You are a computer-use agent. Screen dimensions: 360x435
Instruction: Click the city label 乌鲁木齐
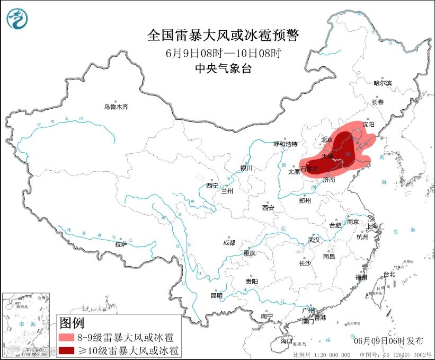[x=116, y=107]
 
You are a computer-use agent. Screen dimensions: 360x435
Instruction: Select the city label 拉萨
[x=121, y=244]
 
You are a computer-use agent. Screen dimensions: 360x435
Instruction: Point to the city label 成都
[x=229, y=243]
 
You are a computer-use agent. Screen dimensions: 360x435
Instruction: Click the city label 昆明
[x=217, y=295]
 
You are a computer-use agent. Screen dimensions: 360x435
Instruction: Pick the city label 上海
[x=373, y=226]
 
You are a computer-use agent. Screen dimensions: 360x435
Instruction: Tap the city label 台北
[x=389, y=274]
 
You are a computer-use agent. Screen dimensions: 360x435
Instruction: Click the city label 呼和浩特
[x=286, y=144]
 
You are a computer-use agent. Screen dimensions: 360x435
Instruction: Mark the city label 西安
[x=268, y=208]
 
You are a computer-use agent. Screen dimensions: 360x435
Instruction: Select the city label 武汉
[x=314, y=240]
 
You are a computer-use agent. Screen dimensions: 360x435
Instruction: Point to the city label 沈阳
[x=368, y=124]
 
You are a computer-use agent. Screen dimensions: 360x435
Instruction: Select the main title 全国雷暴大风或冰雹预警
[x=223, y=36]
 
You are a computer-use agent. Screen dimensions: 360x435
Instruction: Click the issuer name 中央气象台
[x=223, y=68]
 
